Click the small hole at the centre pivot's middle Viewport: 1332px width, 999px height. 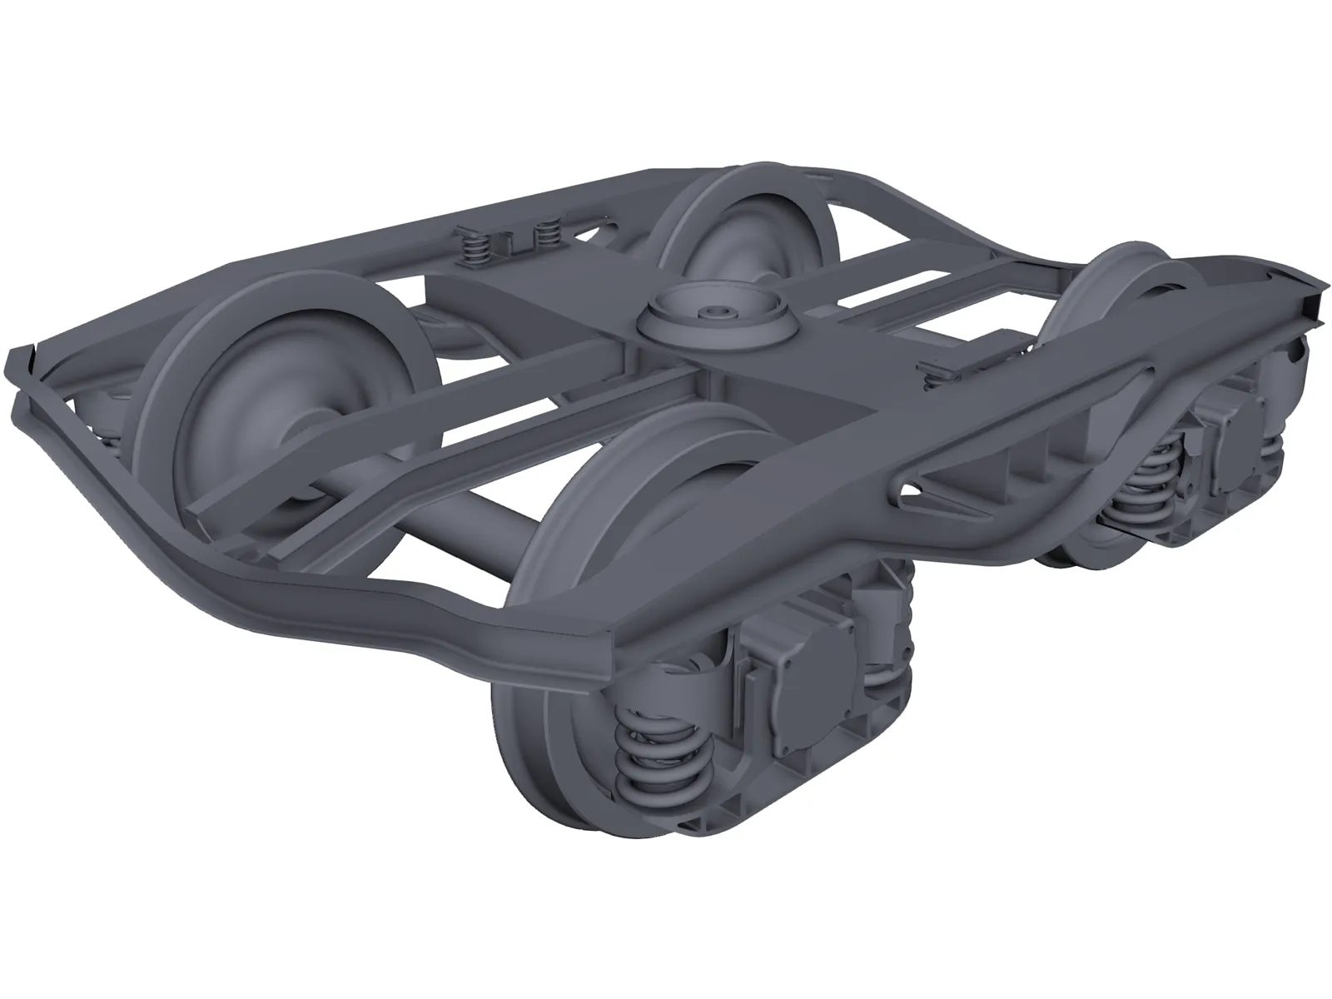click(x=714, y=311)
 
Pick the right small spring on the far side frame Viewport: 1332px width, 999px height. click(x=547, y=236)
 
